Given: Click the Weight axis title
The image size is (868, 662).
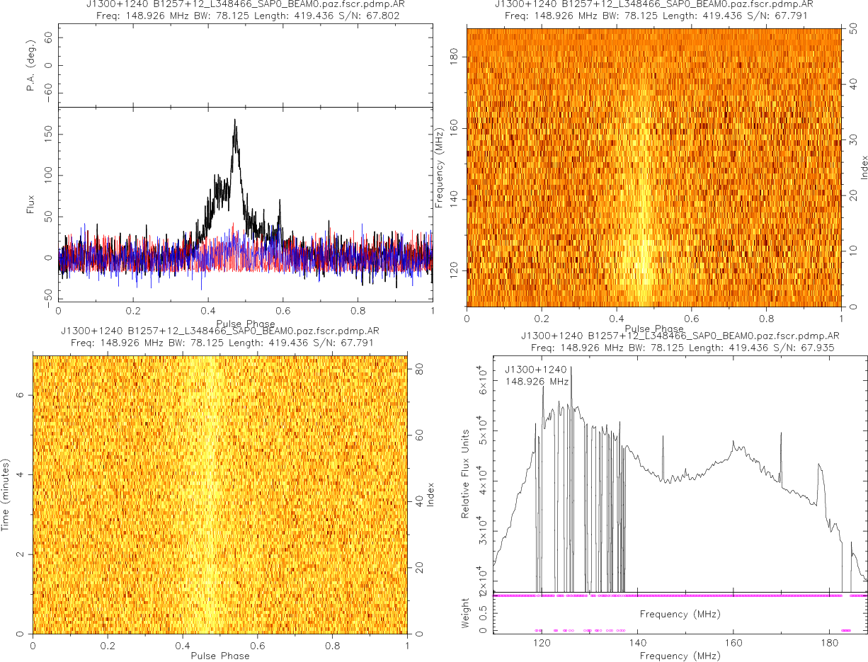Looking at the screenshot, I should click(466, 612).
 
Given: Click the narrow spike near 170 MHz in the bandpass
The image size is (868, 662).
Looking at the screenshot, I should click(781, 434).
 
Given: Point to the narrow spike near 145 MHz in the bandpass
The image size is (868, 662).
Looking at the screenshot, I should click(663, 437).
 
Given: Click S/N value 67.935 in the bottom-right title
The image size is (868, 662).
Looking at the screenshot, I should click(818, 348).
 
